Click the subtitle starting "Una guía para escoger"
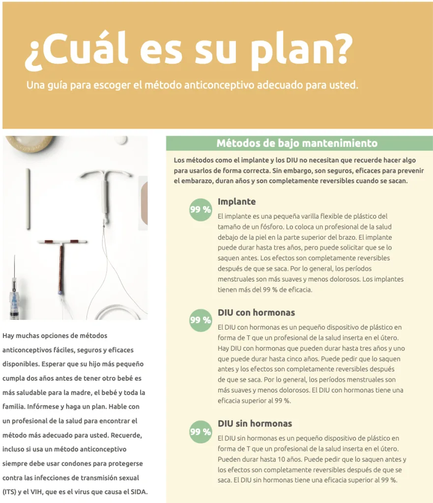(192, 85)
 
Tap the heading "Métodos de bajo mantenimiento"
(297, 143)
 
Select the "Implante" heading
(236, 202)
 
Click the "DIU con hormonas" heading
(256, 313)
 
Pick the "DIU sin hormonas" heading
(255, 423)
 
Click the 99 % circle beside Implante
(200, 210)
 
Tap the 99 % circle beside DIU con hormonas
(200, 320)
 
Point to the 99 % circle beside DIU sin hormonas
(200, 432)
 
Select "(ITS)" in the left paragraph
(9, 492)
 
